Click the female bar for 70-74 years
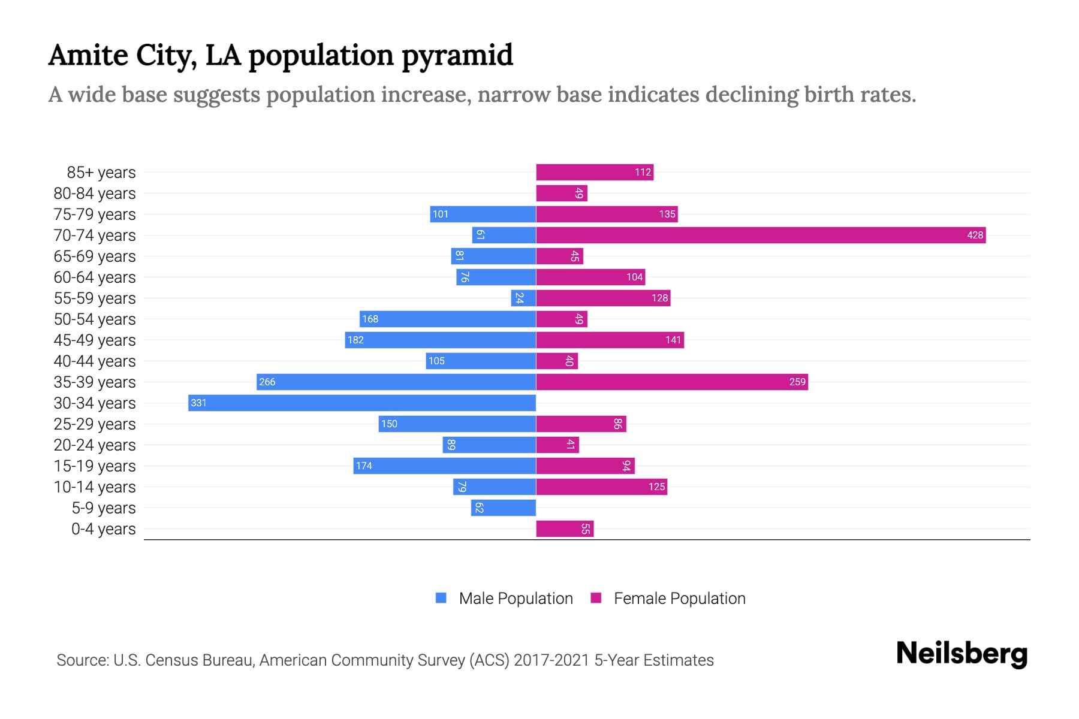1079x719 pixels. pos(760,235)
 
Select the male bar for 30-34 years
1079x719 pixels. pos(361,403)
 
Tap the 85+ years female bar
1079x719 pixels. pos(594,173)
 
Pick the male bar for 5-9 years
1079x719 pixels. pos(503,508)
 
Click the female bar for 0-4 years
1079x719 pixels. pos(564,528)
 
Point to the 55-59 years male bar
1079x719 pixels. pos(523,298)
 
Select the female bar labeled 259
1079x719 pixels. pos(671,382)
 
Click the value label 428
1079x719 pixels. pos(975,235)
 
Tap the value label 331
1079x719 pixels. pos(198,403)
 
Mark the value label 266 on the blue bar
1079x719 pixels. pos(267,382)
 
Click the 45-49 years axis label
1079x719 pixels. pos(95,340)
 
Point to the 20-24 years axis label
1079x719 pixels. pos(95,445)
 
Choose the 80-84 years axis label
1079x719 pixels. pos(95,194)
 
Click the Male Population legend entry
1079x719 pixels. pos(516,598)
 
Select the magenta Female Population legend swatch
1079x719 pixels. pos(596,598)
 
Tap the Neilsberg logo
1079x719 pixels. pos(962,654)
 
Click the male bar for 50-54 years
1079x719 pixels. pos(447,319)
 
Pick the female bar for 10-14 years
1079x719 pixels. pos(601,487)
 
